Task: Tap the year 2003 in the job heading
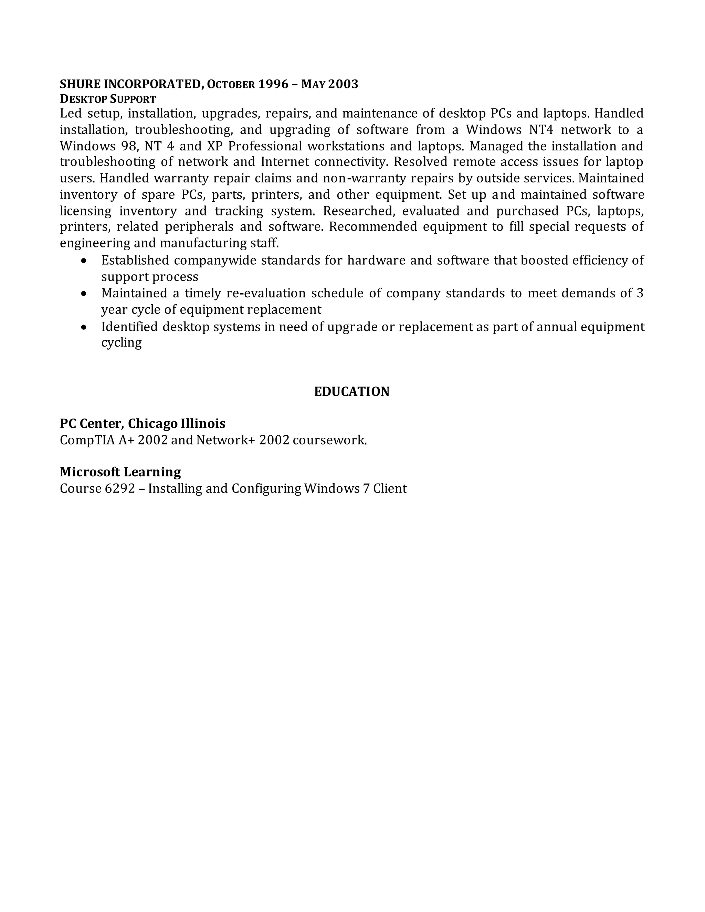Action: click(343, 84)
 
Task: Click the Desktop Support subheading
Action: click(108, 99)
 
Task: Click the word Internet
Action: click(284, 162)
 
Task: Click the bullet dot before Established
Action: click(84, 261)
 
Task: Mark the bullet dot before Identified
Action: click(84, 327)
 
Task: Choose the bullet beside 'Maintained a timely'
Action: click(84, 294)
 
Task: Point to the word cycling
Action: click(121, 343)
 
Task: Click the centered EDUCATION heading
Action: click(352, 392)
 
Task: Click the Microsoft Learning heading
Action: click(120, 472)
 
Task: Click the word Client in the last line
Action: click(390, 489)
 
